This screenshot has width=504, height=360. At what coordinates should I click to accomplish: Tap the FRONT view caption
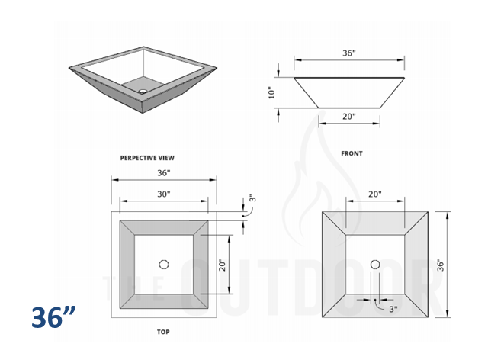click(x=352, y=153)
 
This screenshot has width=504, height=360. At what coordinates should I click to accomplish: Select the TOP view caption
click(x=162, y=333)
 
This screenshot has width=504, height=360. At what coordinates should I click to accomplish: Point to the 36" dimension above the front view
click(x=348, y=53)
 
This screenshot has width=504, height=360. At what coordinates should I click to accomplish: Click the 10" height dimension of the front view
click(x=272, y=92)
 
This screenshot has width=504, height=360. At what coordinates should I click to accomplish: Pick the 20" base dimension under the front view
click(x=348, y=117)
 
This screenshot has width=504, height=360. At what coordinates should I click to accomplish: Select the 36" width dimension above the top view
click(x=163, y=173)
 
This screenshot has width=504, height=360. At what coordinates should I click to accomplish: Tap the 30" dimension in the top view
click(x=163, y=194)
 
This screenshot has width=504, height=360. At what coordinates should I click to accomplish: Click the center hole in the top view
click(x=163, y=264)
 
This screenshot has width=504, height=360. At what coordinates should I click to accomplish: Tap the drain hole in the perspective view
click(x=142, y=92)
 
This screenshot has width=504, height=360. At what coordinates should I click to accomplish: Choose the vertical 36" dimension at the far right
click(x=440, y=265)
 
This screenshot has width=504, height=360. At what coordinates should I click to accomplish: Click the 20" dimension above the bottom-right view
click(x=374, y=194)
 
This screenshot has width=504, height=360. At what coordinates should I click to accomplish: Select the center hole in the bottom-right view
click(x=374, y=265)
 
